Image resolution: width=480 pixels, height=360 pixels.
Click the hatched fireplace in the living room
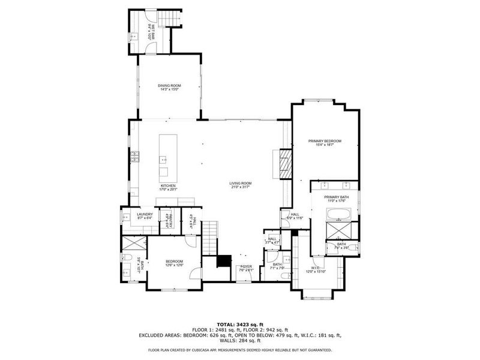(284, 164)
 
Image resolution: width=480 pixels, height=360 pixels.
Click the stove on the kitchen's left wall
(135, 158)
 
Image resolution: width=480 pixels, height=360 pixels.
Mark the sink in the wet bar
(133, 36)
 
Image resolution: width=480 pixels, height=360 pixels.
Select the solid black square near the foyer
(224, 261)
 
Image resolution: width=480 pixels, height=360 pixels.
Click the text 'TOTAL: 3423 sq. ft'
(239, 324)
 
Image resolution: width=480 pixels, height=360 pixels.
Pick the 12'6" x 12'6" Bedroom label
(174, 263)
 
